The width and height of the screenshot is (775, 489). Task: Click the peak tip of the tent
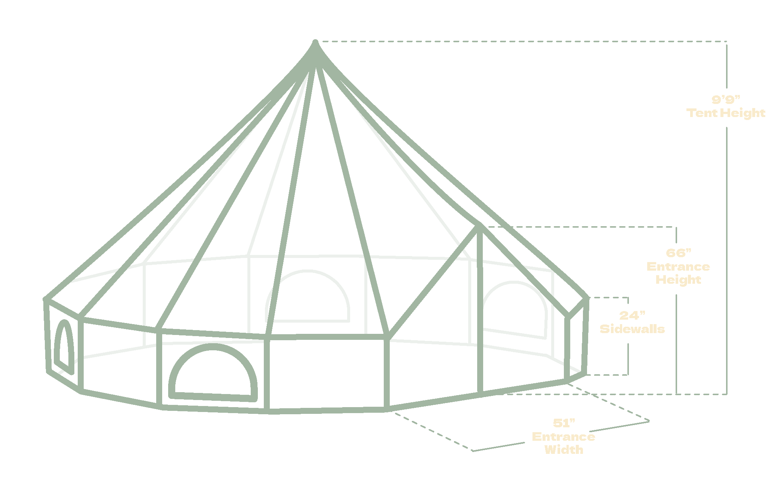click(x=315, y=42)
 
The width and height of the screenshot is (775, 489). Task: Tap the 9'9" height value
click(x=726, y=99)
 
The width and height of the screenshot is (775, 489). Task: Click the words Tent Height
click(x=726, y=113)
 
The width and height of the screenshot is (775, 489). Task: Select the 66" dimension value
click(x=678, y=253)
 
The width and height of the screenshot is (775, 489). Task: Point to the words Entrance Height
click(x=678, y=273)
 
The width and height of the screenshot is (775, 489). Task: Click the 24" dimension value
click(x=632, y=316)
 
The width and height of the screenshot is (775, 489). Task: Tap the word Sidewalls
click(x=632, y=329)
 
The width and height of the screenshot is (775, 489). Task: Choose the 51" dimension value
click(x=564, y=424)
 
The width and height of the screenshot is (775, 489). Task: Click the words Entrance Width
click(x=564, y=443)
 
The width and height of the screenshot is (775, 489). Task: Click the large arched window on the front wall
click(x=213, y=374)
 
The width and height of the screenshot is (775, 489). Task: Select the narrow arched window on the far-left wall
click(x=64, y=346)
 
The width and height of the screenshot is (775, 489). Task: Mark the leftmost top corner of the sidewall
click(x=46, y=299)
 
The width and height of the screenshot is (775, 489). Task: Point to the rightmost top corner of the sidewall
click(x=587, y=298)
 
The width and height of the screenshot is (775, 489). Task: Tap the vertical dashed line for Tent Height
click(x=726, y=262)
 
